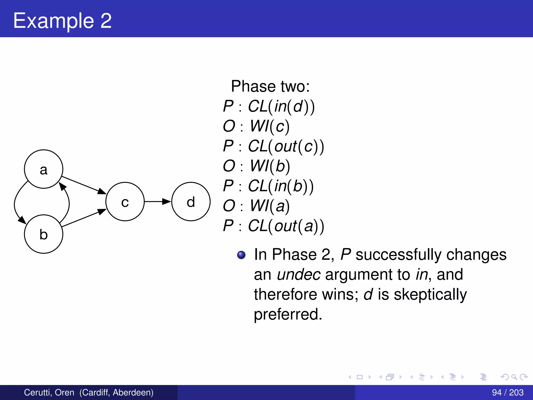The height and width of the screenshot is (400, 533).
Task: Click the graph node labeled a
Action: point(43,169)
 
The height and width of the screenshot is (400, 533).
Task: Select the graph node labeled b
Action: point(43,234)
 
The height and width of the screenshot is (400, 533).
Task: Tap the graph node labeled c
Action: point(125,202)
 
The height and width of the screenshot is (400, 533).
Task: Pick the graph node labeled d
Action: point(191,202)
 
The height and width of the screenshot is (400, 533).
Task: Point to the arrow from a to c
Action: point(83,185)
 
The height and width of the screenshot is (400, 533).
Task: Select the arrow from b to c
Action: point(83,218)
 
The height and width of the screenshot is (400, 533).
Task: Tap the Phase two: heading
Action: point(270,86)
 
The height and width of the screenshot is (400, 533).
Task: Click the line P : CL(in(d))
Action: point(269,106)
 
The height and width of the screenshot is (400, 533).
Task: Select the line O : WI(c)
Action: point(256,126)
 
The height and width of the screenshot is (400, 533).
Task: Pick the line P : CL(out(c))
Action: point(273,146)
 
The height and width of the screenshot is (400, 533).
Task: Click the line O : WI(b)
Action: point(256,166)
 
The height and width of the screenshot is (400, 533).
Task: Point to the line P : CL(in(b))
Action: point(268,186)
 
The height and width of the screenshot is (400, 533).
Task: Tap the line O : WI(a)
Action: point(256,206)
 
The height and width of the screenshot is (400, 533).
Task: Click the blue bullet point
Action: point(241,255)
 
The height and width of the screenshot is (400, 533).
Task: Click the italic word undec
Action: point(299,274)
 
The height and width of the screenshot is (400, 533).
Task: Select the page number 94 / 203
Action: point(507,392)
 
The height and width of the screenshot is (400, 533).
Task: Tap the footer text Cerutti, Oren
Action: point(49,392)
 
